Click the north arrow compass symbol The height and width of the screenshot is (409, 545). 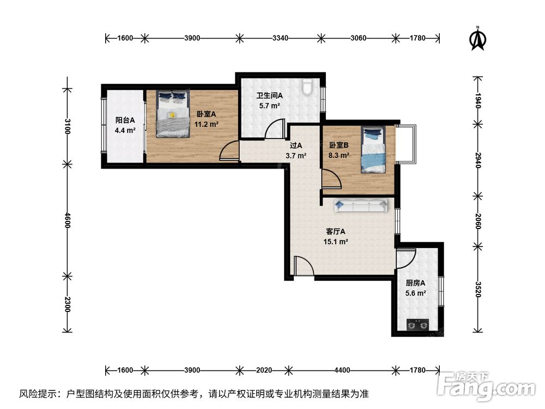point(478,38)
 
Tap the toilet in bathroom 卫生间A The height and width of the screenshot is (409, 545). point(307,87)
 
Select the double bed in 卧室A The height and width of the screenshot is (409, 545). point(173,114)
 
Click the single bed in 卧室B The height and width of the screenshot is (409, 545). point(373,149)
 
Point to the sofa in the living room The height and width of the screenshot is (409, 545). point(361,205)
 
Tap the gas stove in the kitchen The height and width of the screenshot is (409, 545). point(417,325)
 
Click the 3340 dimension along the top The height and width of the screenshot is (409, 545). point(280,38)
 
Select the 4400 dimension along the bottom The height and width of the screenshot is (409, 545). point(342,370)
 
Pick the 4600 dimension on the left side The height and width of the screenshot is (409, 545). point(68,220)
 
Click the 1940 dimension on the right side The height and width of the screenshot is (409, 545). point(478,100)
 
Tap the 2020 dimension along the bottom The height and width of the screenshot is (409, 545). point(264,370)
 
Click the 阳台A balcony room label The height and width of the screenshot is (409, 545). point(125,121)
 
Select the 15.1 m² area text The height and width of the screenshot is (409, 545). point(336,242)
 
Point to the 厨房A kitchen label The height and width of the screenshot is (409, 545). point(416,283)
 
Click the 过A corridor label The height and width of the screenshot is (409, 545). point(296,146)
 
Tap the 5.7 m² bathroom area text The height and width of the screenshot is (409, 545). point(270,106)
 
